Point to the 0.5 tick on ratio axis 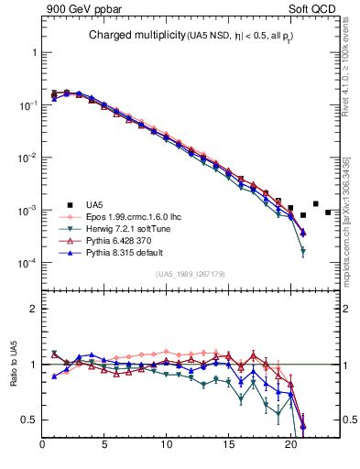(x=28, y=420)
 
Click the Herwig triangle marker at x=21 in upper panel (x=303, y=251)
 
